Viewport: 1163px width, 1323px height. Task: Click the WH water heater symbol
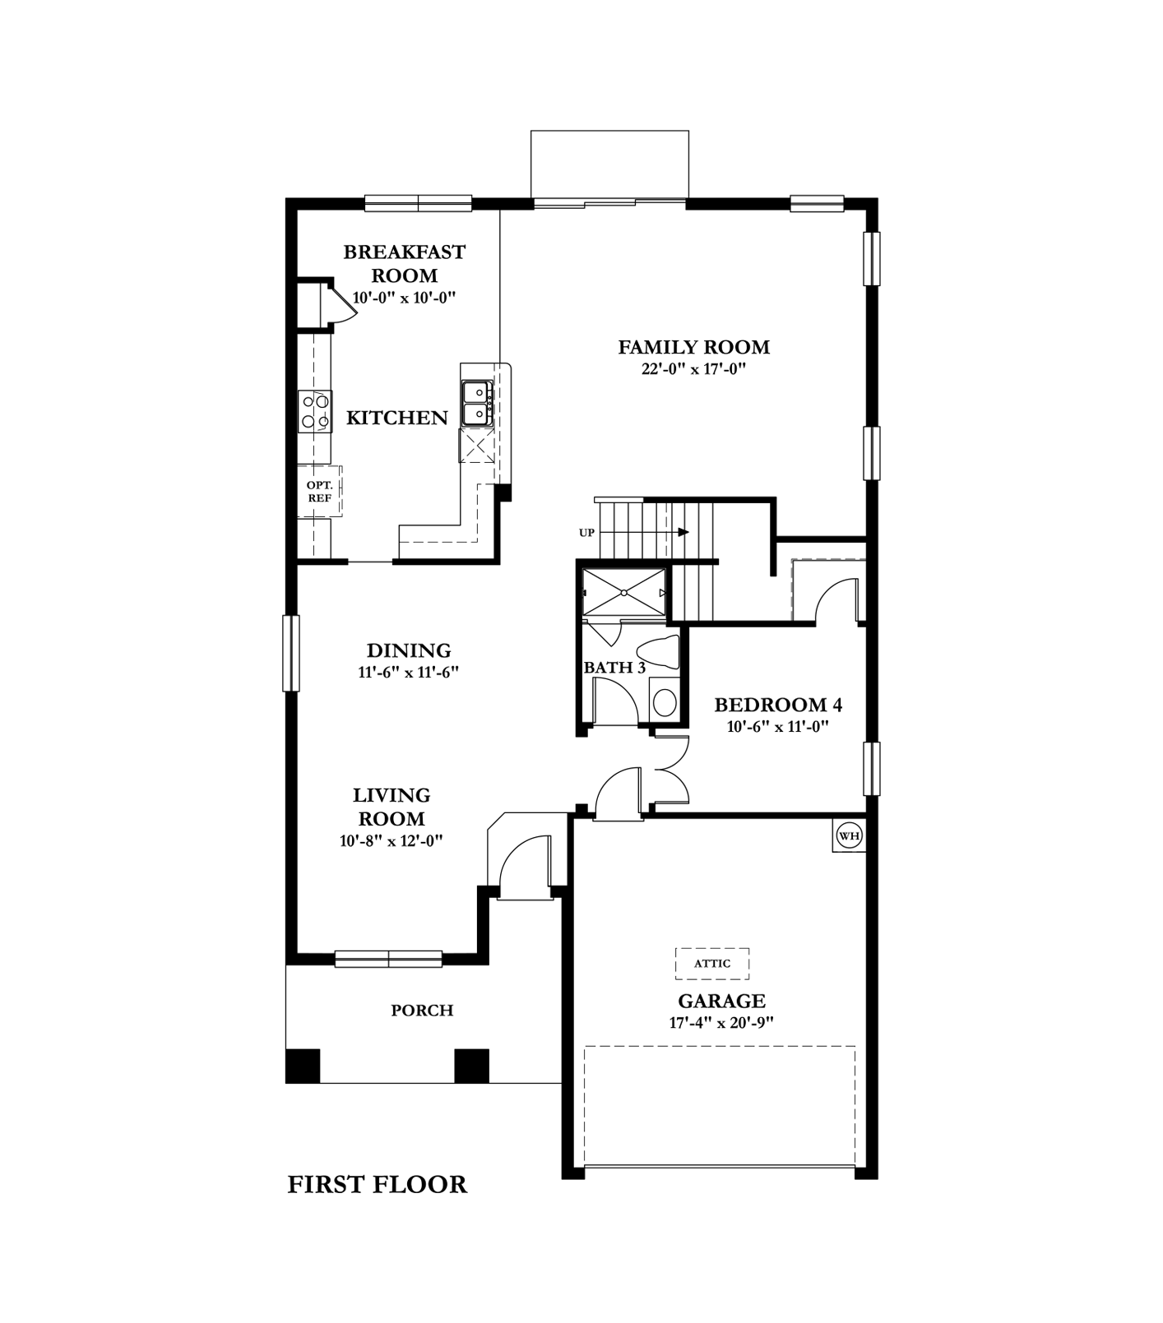[x=849, y=836]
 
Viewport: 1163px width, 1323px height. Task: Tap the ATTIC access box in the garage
[x=712, y=963]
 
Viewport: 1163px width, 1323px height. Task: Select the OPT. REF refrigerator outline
[x=320, y=492]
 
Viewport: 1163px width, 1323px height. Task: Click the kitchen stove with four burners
[x=315, y=411]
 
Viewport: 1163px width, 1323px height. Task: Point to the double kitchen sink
[x=477, y=403]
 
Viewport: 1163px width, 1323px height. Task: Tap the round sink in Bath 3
[x=664, y=703]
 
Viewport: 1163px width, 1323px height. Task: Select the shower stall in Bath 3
[x=623, y=591]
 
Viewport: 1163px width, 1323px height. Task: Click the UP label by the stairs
[x=586, y=533]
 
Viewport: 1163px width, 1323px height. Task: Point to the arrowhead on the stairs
[x=683, y=532]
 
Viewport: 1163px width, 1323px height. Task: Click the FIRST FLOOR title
[x=378, y=1185]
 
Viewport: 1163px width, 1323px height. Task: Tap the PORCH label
[x=422, y=1011]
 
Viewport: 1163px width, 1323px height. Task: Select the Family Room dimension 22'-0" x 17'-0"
[x=693, y=369]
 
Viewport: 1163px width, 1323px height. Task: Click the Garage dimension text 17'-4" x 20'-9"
[x=721, y=1023]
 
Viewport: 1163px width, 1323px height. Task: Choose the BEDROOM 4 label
[x=778, y=705]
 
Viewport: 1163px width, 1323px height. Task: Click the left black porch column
[x=303, y=1066]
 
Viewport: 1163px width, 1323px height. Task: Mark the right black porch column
[x=472, y=1066]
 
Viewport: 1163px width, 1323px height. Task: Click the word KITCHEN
[x=397, y=418]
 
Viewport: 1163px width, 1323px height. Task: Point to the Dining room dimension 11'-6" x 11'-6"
[x=408, y=672]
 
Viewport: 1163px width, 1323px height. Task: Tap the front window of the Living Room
[x=388, y=959]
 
